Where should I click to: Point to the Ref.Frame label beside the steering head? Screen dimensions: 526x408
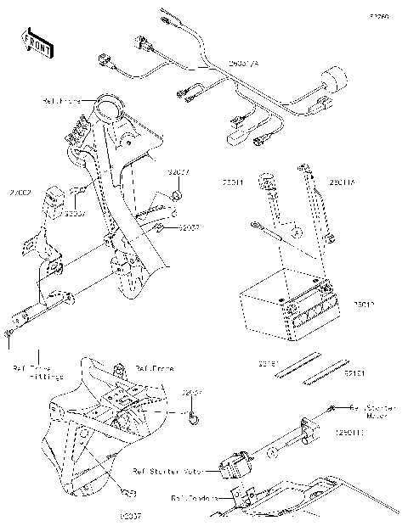click(62, 100)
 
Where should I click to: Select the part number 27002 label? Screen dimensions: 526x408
click(20, 193)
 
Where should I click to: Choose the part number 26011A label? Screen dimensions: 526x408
click(343, 182)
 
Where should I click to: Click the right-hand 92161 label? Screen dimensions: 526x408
click(354, 372)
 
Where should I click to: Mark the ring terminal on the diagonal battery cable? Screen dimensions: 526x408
click(255, 225)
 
